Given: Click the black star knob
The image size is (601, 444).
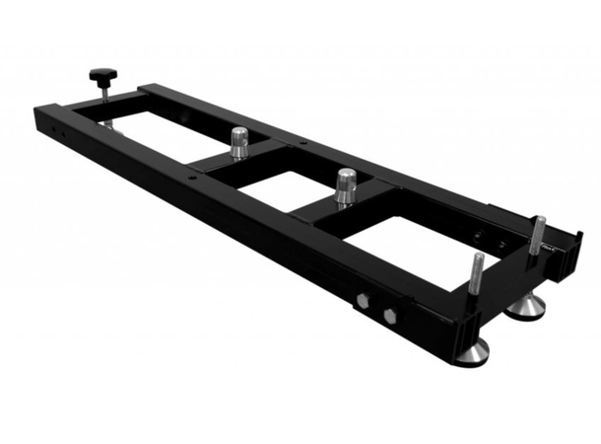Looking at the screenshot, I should pyautogui.click(x=102, y=74).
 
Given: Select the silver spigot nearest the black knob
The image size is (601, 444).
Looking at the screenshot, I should pyautogui.click(x=238, y=142).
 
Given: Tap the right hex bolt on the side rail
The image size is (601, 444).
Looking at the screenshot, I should pyautogui.click(x=390, y=316).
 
